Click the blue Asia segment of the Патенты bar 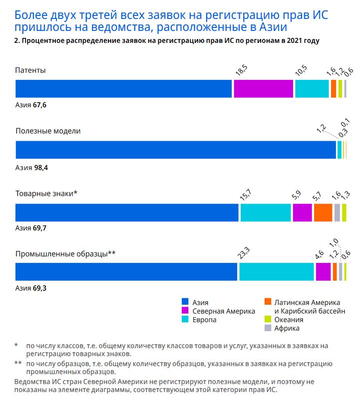(124, 88)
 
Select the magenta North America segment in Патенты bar (263, 88)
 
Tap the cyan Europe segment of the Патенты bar (312, 88)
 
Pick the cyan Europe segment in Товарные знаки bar (266, 212)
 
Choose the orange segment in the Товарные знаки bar (323, 212)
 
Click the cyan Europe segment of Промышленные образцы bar (276, 272)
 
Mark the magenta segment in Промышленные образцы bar (323, 272)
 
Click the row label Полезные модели (48, 131)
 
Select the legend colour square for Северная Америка (185, 311)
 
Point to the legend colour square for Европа (185, 320)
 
